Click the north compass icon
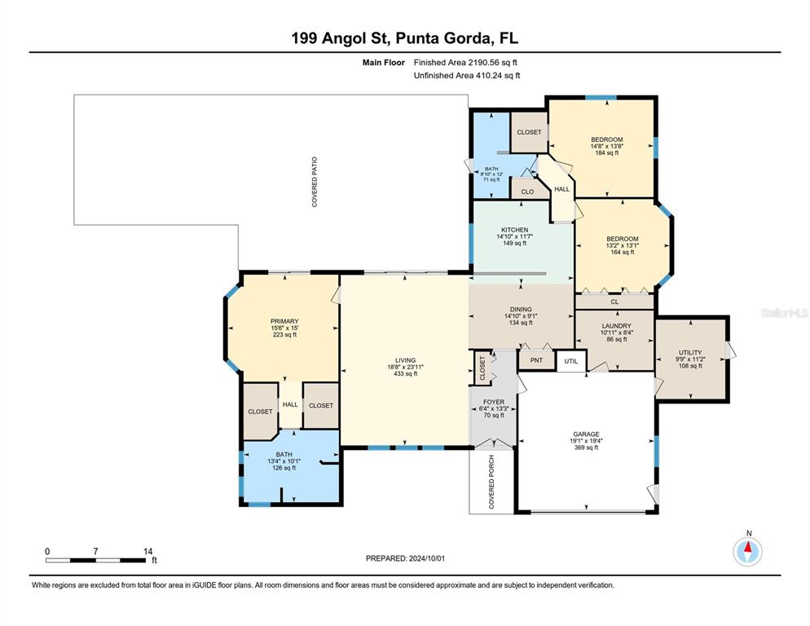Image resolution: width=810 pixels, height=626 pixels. pyautogui.click(x=747, y=552)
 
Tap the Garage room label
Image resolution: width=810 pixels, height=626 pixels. pyautogui.click(x=587, y=434)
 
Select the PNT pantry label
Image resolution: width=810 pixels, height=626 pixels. pyautogui.click(x=536, y=360)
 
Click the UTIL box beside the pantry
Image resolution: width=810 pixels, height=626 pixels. pyautogui.click(x=570, y=361)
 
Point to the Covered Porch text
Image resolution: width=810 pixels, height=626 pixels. pyautogui.click(x=491, y=482)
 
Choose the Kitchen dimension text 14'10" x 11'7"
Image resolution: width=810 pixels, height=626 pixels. pyautogui.click(x=514, y=236)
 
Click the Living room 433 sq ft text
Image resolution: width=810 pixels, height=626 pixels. pyautogui.click(x=406, y=374)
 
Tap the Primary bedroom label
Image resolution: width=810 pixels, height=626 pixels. pyautogui.click(x=284, y=321)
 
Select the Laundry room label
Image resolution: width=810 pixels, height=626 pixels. pyautogui.click(x=616, y=326)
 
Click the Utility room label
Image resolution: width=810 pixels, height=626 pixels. pyautogui.click(x=690, y=352)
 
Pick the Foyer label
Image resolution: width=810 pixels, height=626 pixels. pyautogui.click(x=494, y=402)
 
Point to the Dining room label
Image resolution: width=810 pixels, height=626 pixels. pyautogui.click(x=521, y=309)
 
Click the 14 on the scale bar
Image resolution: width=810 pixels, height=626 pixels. pyautogui.click(x=147, y=552)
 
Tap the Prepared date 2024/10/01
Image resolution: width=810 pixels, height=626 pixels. pyautogui.click(x=427, y=558)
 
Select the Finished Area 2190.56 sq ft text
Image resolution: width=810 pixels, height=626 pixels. pyautogui.click(x=465, y=63)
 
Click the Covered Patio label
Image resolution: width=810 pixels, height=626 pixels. pyautogui.click(x=315, y=182)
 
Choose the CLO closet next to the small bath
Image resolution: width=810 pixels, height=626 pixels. pyautogui.click(x=527, y=192)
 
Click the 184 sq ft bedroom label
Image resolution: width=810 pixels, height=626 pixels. pyautogui.click(x=607, y=153)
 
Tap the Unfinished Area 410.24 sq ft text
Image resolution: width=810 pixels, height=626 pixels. pyautogui.click(x=467, y=76)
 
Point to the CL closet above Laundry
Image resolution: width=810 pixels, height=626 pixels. pyautogui.click(x=614, y=302)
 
